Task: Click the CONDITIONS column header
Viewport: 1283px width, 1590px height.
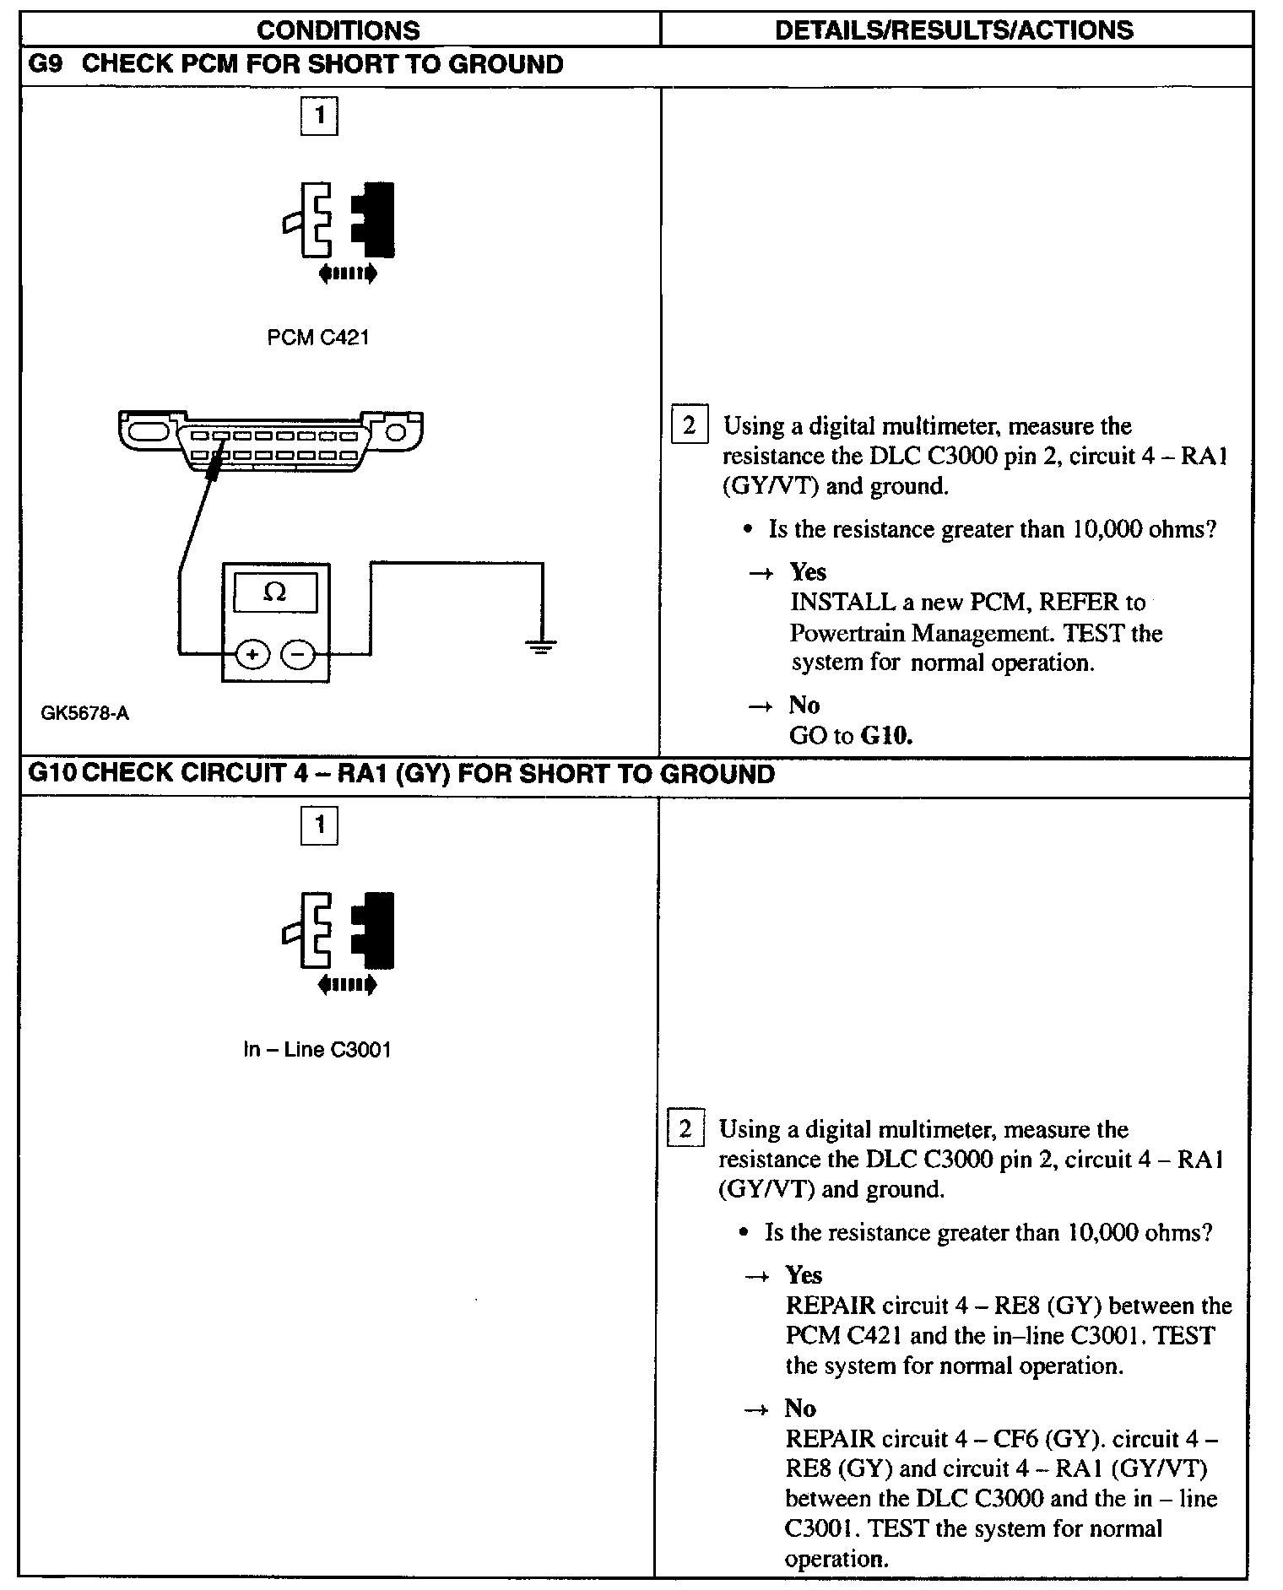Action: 338,30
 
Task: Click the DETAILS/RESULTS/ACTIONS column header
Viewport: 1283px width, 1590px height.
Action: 954,30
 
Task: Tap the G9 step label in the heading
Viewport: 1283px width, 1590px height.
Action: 46,65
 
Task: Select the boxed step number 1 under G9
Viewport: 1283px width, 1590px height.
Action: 319,116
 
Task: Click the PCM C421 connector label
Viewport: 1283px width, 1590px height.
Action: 318,338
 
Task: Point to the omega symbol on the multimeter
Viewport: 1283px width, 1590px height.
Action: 275,592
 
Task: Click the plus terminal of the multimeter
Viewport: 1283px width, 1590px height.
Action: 252,654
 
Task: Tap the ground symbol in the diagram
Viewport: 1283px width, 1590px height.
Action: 541,648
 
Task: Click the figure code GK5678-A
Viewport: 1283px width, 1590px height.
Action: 85,713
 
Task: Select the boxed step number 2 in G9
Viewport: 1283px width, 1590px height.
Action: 689,425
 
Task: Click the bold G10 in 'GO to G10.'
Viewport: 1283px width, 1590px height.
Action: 886,736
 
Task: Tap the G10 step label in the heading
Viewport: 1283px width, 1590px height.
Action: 52,774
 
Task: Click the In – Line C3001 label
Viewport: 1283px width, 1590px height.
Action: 317,1050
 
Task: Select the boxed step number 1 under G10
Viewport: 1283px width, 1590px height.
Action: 319,825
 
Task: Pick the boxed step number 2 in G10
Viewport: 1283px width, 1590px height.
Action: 685,1128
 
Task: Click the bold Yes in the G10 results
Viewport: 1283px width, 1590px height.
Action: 804,1274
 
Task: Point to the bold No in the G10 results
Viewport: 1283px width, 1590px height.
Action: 800,1408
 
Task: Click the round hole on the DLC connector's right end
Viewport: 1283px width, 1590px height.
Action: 397,434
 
